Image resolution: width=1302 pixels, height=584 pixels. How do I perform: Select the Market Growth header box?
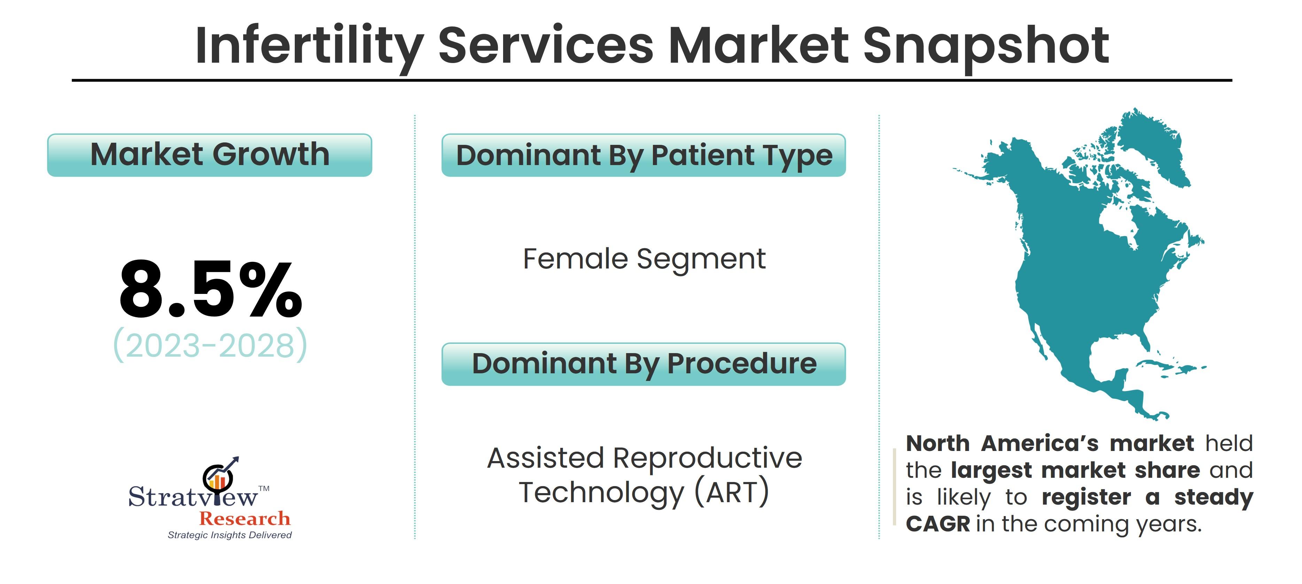pyautogui.click(x=210, y=155)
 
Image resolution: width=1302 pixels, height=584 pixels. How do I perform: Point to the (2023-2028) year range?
pyautogui.click(x=210, y=345)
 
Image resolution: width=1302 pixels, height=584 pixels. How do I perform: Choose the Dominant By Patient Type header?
pyautogui.click(x=644, y=155)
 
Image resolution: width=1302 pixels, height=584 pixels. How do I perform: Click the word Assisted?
pyautogui.click(x=546, y=458)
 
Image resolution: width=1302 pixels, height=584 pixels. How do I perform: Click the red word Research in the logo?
pyautogui.click(x=245, y=519)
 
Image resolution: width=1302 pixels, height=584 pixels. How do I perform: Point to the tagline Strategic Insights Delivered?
pyautogui.click(x=230, y=535)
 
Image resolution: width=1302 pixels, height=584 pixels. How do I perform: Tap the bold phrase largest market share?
pyautogui.click(x=1076, y=471)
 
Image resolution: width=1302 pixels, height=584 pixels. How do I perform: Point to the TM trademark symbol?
pyautogui.click(x=264, y=489)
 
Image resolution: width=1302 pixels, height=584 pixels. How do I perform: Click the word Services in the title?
pyautogui.click(x=546, y=46)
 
